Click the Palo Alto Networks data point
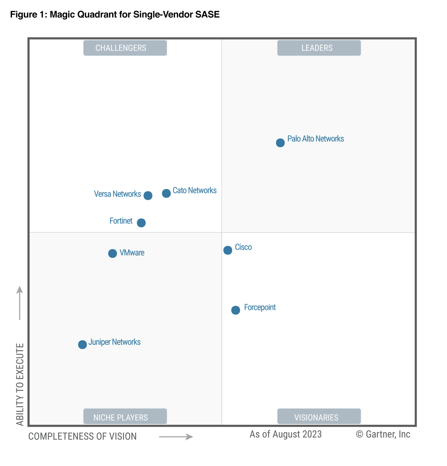[x=280, y=143]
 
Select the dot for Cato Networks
[x=166, y=193]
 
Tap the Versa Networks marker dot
[x=148, y=195]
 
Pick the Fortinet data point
[x=141, y=223]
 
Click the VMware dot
[x=113, y=254]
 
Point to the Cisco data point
[x=228, y=250]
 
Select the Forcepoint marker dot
[x=236, y=310]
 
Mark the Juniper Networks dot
[x=82, y=344]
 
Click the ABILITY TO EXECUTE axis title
[x=20, y=384]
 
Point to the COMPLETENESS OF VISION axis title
[x=82, y=436]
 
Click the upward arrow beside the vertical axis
[x=20, y=303]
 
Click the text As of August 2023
[x=286, y=434]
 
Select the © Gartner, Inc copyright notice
[x=383, y=434]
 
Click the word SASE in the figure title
[x=208, y=15]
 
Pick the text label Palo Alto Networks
[x=315, y=139]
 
